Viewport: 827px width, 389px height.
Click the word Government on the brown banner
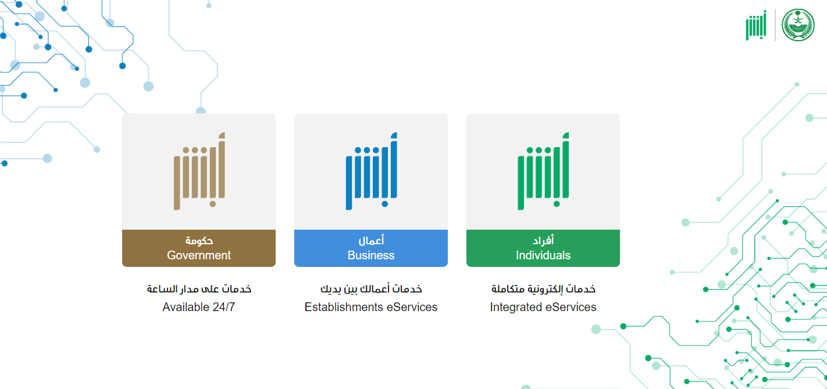click(199, 255)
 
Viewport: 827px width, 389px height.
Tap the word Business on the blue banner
click(370, 255)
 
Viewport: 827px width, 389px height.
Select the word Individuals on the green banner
click(543, 255)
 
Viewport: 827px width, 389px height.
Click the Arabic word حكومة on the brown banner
click(199, 241)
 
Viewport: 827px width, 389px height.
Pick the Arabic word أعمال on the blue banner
click(371, 240)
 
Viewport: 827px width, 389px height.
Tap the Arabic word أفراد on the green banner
click(543, 240)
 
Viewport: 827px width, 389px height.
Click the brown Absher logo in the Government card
click(199, 172)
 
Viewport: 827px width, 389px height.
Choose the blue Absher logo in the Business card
click(372, 172)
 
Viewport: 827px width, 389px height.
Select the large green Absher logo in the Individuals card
click(543, 172)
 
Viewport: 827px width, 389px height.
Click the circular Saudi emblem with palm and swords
click(798, 25)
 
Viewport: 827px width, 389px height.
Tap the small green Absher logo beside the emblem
click(756, 25)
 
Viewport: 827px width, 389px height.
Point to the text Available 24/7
click(199, 307)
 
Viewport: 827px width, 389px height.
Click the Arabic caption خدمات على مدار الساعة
click(199, 288)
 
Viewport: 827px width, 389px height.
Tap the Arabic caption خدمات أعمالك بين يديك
click(371, 288)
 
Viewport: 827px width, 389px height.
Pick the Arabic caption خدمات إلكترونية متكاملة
click(543, 288)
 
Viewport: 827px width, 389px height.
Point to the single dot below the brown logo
click(213, 204)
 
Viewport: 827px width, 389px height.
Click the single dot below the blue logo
click(384, 204)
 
